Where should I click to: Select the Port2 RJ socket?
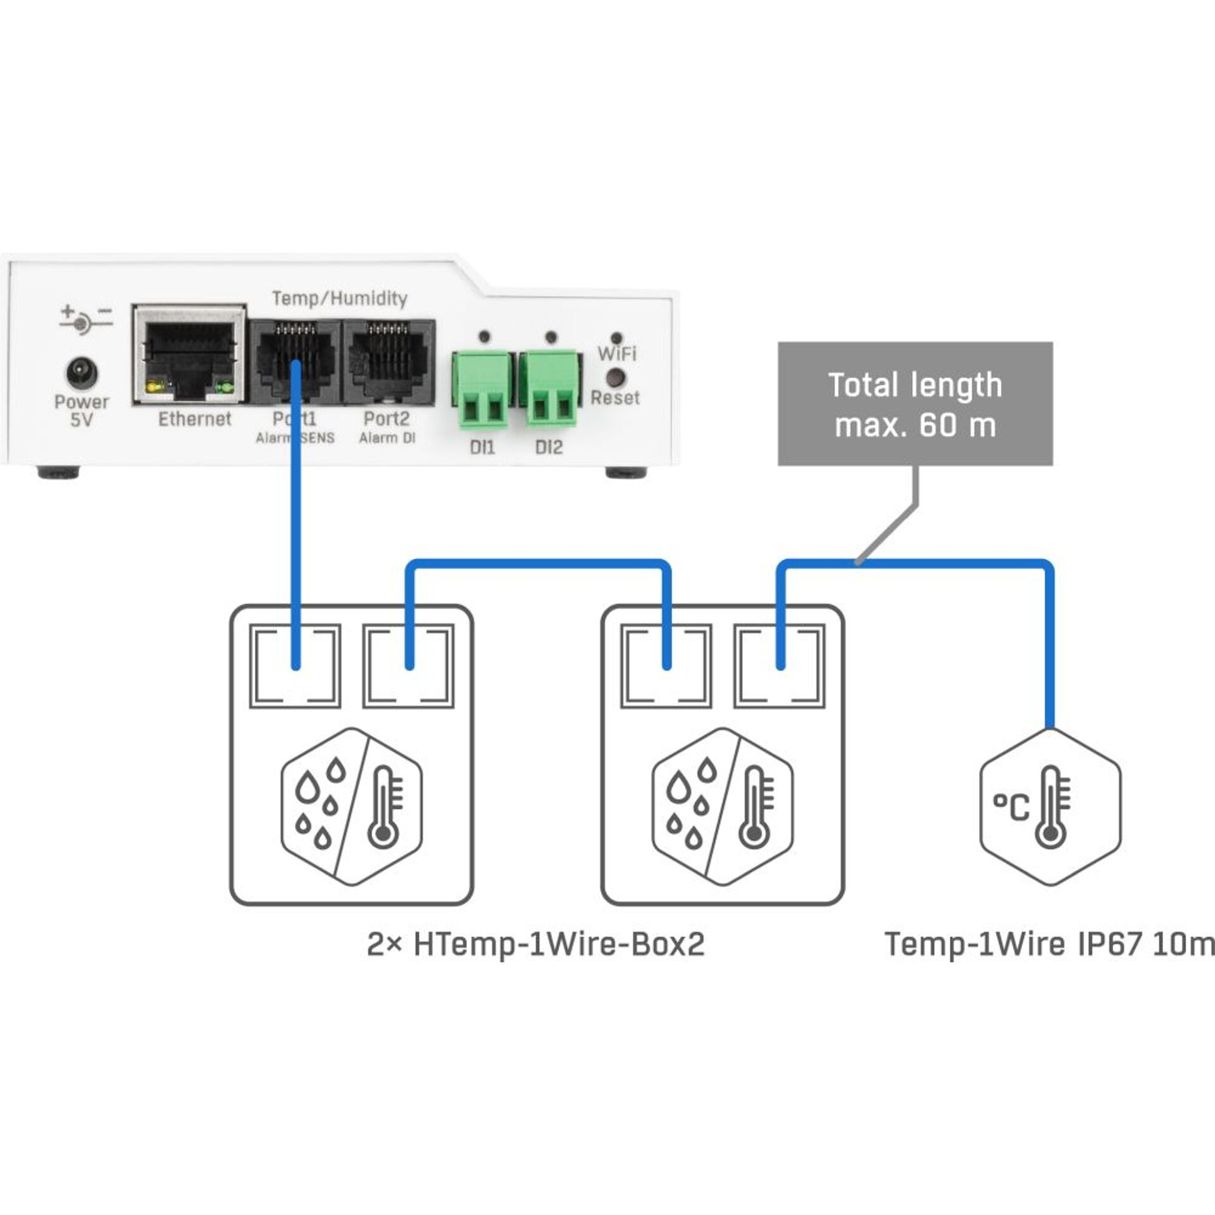click(x=388, y=361)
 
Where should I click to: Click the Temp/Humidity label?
click(x=339, y=298)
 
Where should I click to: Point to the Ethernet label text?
click(x=194, y=419)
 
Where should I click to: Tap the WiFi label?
click(x=617, y=353)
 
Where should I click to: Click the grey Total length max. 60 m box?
click(x=915, y=404)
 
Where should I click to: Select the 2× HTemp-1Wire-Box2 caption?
click(x=535, y=945)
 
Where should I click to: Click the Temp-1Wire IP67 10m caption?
click(x=1049, y=945)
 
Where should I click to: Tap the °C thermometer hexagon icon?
click(x=1050, y=807)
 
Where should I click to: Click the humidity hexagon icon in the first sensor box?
click(x=351, y=807)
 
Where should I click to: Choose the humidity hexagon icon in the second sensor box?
click(x=723, y=807)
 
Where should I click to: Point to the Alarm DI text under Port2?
click(x=387, y=438)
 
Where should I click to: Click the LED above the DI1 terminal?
click(x=484, y=336)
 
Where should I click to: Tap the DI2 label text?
click(x=549, y=447)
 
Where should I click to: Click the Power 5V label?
click(x=81, y=411)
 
